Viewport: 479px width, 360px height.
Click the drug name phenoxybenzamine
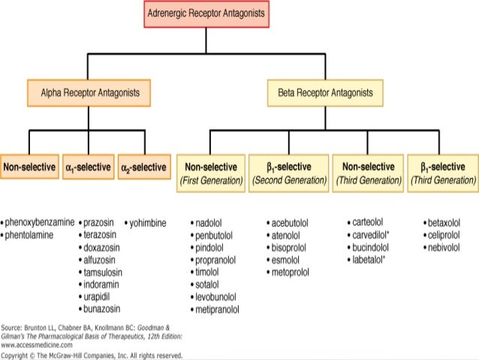point(40,223)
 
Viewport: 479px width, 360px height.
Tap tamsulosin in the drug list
point(104,272)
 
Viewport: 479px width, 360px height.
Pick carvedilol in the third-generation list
point(372,235)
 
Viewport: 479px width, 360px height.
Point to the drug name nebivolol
point(443,247)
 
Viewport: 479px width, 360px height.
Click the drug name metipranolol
point(218,309)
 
